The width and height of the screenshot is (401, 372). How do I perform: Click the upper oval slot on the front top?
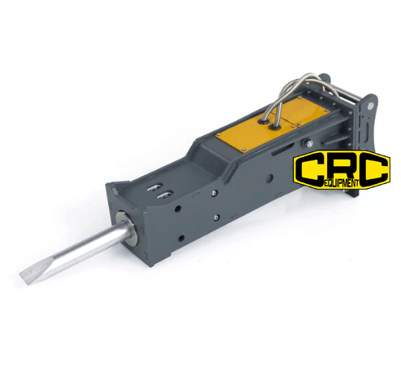coord(155,187)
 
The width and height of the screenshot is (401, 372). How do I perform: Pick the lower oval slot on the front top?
coord(165,195)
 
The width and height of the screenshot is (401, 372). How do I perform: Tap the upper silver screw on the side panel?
coord(214,193)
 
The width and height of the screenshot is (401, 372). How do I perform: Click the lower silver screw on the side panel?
coord(216,217)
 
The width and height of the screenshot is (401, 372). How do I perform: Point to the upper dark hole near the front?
coord(178,209)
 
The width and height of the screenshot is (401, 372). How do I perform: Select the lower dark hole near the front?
coord(181,239)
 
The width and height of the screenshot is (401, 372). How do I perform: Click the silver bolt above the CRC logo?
coord(308,143)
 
